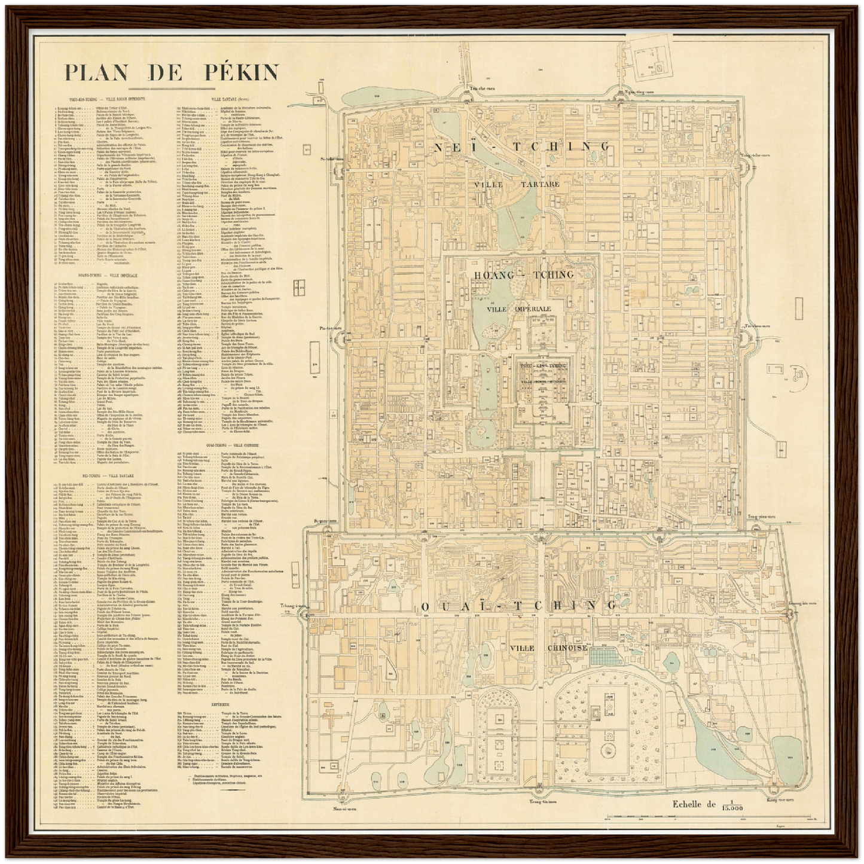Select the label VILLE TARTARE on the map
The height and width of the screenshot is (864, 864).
tap(517, 184)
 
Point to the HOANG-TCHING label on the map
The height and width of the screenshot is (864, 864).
tap(523, 274)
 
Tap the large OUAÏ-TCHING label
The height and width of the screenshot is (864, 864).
tap(518, 606)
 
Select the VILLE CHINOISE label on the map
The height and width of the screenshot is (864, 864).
tap(549, 648)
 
